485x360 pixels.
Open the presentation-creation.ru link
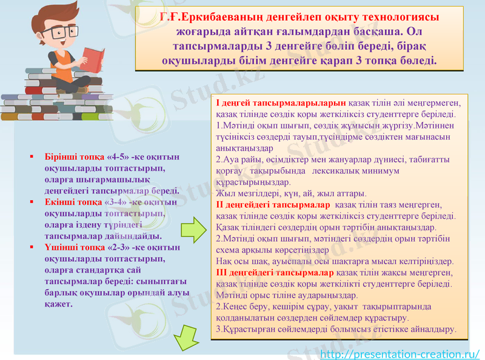(x=400, y=353)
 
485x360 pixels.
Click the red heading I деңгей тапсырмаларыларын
(x=281, y=103)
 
